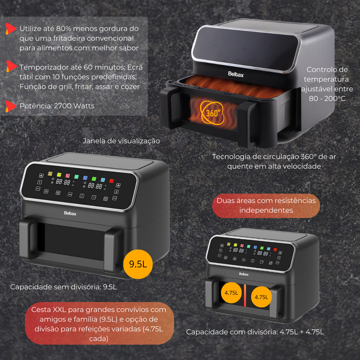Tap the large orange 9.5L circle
tap(138, 264)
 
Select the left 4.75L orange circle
tap(231, 293)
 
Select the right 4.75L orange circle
tap(261, 296)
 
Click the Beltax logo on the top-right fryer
tap(236, 74)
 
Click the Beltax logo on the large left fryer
tap(70, 213)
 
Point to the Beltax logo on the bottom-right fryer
tap(244, 274)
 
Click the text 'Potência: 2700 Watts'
tap(57, 106)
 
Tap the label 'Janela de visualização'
tap(121, 141)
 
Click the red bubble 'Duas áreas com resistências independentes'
tap(266, 205)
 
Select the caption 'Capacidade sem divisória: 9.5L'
tap(64, 287)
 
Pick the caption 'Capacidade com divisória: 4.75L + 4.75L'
tap(255, 332)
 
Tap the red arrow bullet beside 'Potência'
tap(11, 106)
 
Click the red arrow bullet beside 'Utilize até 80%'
tap(11, 29)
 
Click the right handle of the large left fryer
tap(113, 250)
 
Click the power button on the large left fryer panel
tap(105, 199)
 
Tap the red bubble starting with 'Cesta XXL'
tap(99, 323)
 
